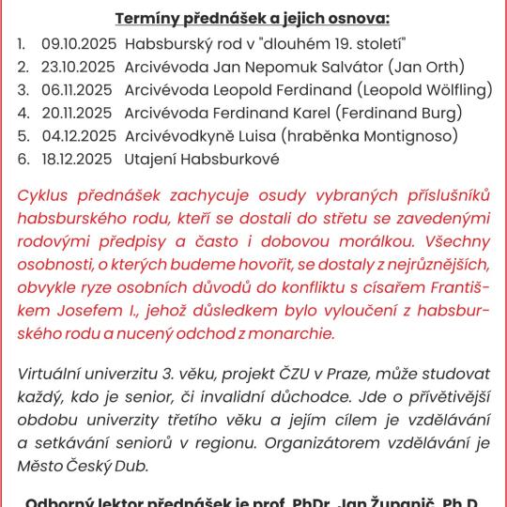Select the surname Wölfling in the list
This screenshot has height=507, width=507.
point(454,90)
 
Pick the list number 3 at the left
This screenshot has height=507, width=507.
point(22,90)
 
